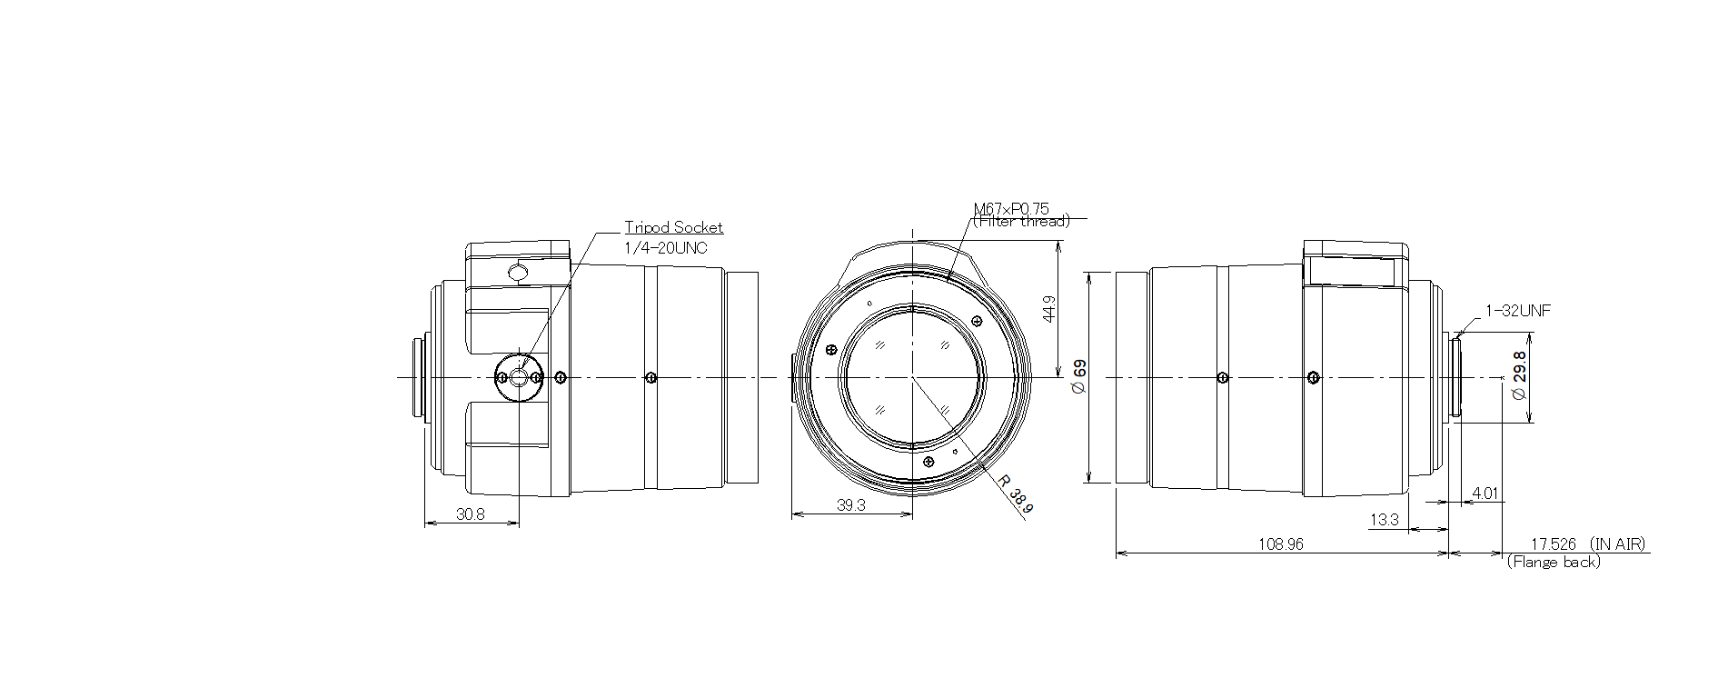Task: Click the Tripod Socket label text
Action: pyautogui.click(x=673, y=228)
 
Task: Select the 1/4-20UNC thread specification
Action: pyautogui.click(x=665, y=247)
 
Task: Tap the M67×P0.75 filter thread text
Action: pyautogui.click(x=1010, y=209)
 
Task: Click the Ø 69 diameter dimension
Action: pyautogui.click(x=1079, y=376)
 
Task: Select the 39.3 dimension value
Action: pyautogui.click(x=850, y=506)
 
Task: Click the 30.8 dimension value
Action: pyautogui.click(x=471, y=514)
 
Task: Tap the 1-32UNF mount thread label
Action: pyautogui.click(x=1518, y=311)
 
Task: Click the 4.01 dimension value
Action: pyautogui.click(x=1485, y=494)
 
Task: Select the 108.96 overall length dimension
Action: pyautogui.click(x=1281, y=544)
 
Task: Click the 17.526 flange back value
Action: pyautogui.click(x=1554, y=544)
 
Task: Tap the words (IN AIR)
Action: pyautogui.click(x=1618, y=544)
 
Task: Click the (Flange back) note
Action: pyautogui.click(x=1554, y=563)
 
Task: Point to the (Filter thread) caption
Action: pyautogui.click(x=1021, y=221)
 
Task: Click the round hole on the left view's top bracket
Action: pyautogui.click(x=518, y=272)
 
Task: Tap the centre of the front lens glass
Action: pyautogui.click(x=912, y=376)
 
